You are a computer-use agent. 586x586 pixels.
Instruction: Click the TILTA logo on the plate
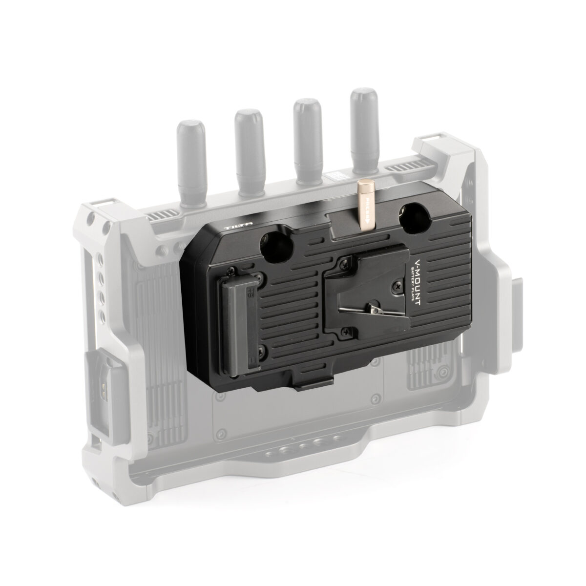(238, 226)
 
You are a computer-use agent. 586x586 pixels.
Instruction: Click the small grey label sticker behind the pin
(342, 177)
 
